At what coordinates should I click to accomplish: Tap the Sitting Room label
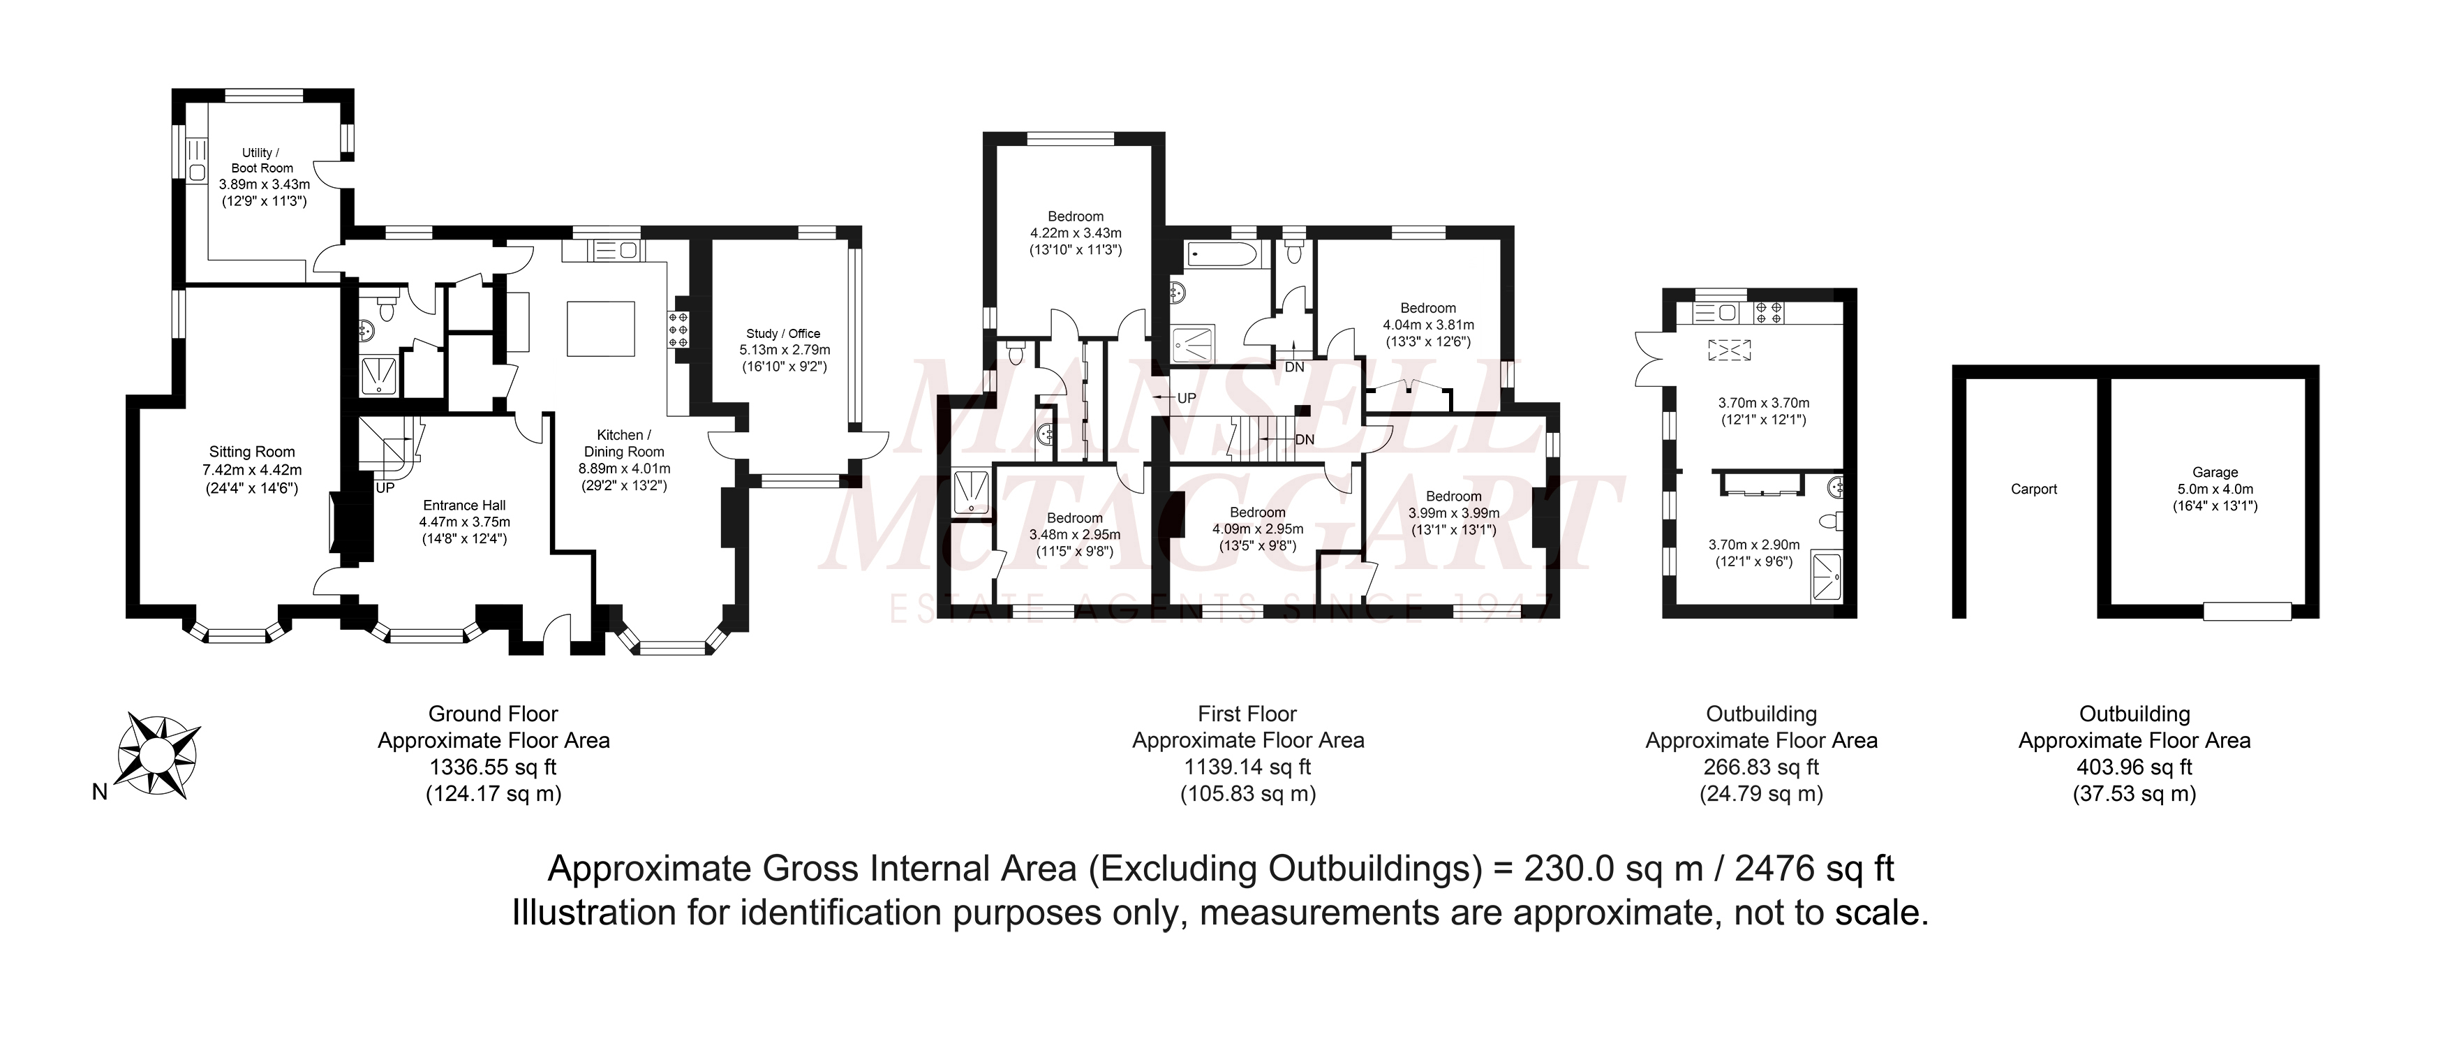coord(252,452)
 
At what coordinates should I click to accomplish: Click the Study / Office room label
coord(783,334)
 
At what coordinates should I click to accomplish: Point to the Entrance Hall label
coord(465,506)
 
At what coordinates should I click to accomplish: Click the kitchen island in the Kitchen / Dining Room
coord(601,328)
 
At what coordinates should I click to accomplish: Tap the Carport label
coord(2034,489)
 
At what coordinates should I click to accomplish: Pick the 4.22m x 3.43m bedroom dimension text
coord(1076,233)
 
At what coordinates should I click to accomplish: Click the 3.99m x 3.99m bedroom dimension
coord(1454,513)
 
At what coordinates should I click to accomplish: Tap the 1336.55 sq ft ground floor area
coord(494,767)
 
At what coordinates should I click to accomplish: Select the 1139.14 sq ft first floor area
coord(1248,767)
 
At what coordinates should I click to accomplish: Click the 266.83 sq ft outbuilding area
coord(1762,767)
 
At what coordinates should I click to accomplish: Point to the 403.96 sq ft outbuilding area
coord(2134,767)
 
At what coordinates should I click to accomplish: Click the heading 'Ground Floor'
coord(493,714)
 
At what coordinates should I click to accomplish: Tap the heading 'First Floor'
coord(1247,714)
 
